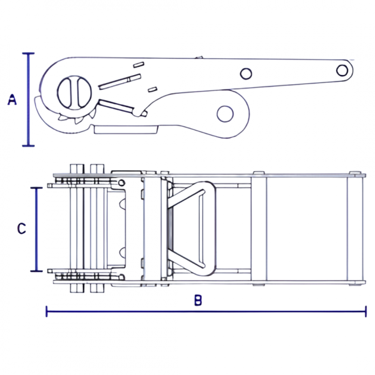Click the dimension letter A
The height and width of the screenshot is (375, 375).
pyautogui.click(x=12, y=100)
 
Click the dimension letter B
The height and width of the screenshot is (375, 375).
pyautogui.click(x=198, y=300)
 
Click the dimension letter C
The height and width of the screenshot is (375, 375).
pyautogui.click(x=22, y=229)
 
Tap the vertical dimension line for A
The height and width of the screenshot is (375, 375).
pyautogui.click(x=29, y=99)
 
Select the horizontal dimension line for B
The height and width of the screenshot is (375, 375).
pyautogui.click(x=206, y=311)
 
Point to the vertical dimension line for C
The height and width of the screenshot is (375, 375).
pyautogui.click(x=37, y=230)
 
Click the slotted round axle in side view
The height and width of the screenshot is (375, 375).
pyautogui.click(x=75, y=93)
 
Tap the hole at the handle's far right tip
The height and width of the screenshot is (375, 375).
pyautogui.click(x=342, y=70)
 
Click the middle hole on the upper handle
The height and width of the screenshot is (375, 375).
pyautogui.click(x=246, y=74)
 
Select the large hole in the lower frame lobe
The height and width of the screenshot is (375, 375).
pyautogui.click(x=225, y=114)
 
